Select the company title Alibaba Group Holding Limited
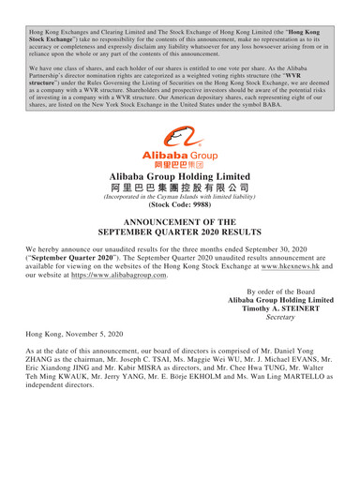(x=179, y=175)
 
